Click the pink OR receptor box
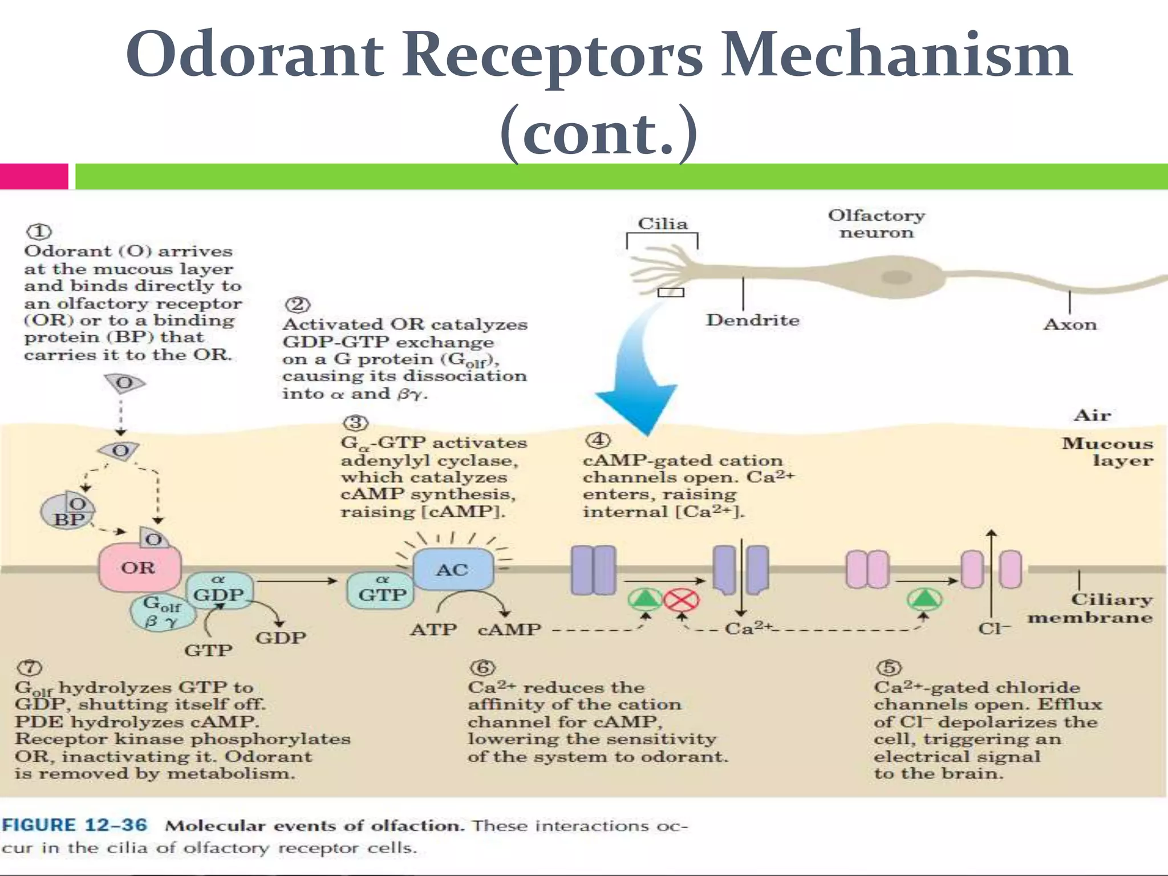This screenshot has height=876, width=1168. point(140,568)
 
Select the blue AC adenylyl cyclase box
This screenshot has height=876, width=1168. point(453,569)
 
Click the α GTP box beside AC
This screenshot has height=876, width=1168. point(381,590)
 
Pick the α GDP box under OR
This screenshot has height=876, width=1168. point(218,590)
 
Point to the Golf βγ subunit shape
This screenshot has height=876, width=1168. point(162,612)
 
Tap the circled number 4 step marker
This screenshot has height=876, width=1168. point(597,440)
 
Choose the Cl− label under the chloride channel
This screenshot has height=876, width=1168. point(994,629)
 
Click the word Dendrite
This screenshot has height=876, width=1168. point(752,321)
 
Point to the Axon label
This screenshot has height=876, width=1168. point(1070,325)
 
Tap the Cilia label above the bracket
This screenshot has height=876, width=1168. point(662,224)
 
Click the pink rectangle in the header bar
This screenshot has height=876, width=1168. point(34,176)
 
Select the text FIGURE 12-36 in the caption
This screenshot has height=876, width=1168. point(75,825)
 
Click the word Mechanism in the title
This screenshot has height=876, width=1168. point(896,55)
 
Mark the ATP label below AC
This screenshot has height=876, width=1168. point(433,630)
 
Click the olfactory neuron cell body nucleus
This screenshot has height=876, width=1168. point(897,277)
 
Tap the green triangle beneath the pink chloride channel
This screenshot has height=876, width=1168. point(924,599)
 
